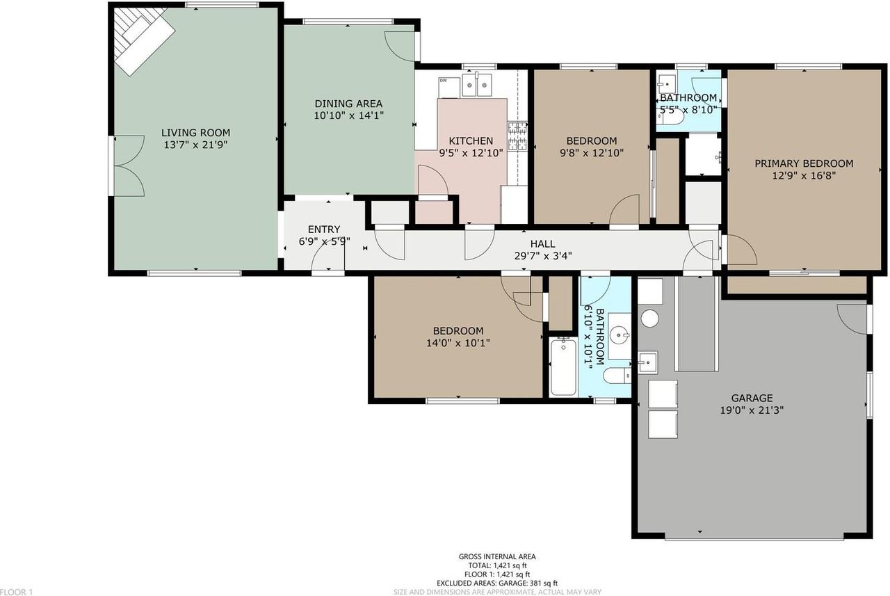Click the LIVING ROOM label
tap(195, 133)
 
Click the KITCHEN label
tap(471, 140)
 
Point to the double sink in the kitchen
tap(478, 86)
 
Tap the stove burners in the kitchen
tap(517, 136)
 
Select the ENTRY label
tap(324, 229)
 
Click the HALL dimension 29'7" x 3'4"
tap(542, 256)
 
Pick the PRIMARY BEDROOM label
tap(804, 163)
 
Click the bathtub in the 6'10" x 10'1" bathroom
tap(563, 367)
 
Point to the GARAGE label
tap(752, 398)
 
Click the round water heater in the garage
tap(649, 319)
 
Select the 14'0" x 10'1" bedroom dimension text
tap(458, 343)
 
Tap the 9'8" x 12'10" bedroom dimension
tap(591, 153)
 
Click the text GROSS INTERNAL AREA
tap(496, 556)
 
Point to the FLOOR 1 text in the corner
tap(17, 591)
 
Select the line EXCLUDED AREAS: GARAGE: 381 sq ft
tap(496, 583)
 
